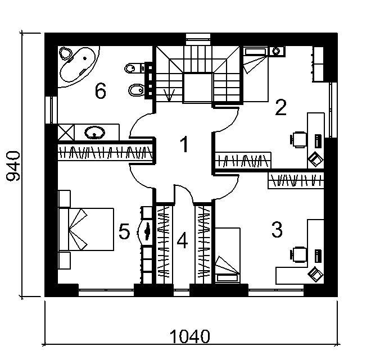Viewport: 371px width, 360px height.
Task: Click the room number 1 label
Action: coord(184,145)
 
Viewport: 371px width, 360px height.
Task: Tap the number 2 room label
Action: coord(280,107)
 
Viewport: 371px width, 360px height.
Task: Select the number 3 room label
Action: coord(276,229)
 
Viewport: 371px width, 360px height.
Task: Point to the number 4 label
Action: coord(181,241)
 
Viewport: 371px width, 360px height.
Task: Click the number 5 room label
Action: coord(124,231)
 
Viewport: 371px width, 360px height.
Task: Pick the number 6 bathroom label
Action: coord(100,90)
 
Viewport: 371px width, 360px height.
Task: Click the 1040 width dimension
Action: coord(190,336)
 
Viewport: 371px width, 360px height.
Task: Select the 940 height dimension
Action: coord(13,166)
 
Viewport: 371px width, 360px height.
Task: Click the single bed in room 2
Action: coord(256,74)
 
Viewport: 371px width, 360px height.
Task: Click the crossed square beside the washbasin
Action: coord(67,133)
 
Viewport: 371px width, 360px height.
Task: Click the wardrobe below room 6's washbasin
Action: coord(106,153)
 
